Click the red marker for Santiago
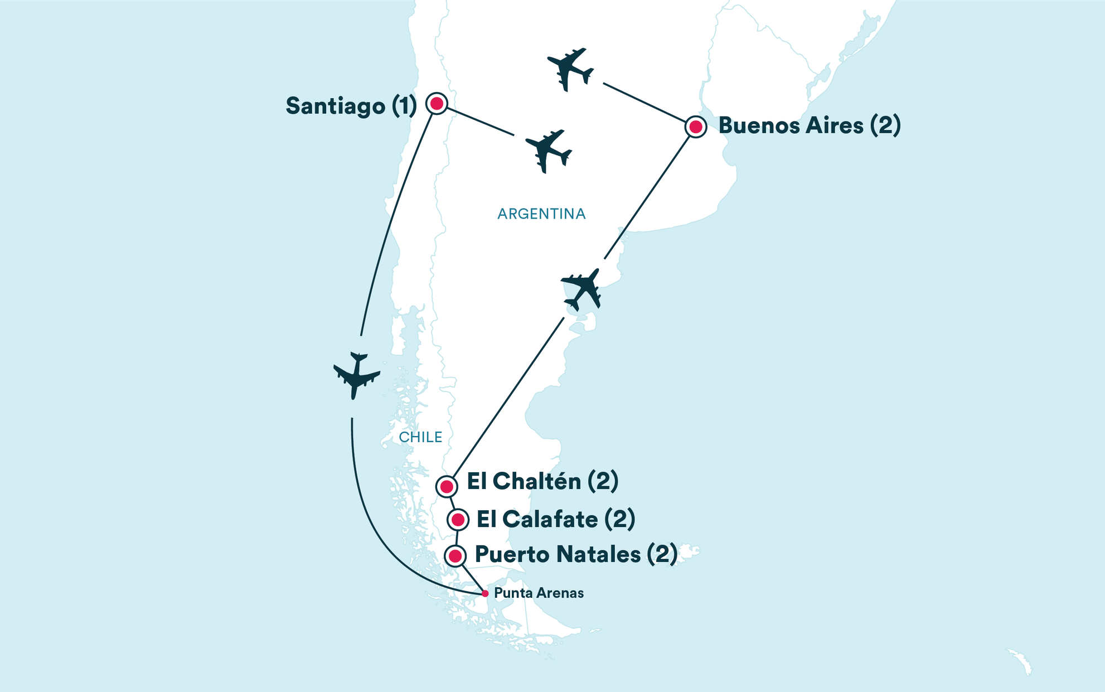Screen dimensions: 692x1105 tap(437, 103)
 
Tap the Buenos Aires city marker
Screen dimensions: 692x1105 tap(695, 127)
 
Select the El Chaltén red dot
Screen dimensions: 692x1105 tap(446, 487)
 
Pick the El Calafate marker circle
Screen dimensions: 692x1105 tap(458, 520)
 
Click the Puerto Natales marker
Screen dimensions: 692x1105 tap(455, 556)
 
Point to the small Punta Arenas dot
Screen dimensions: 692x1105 tap(485, 594)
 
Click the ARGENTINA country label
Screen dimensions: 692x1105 tap(541, 214)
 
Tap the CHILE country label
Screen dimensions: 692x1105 tap(420, 437)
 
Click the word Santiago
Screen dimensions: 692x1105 tap(335, 106)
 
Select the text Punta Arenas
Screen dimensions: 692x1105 tap(539, 593)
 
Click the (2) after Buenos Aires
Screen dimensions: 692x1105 tap(885, 125)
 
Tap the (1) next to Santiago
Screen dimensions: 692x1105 tap(404, 106)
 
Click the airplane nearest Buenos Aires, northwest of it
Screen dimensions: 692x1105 tap(569, 69)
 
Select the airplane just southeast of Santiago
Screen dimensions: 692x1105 tap(548, 151)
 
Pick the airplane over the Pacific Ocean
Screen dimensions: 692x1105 tap(356, 375)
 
